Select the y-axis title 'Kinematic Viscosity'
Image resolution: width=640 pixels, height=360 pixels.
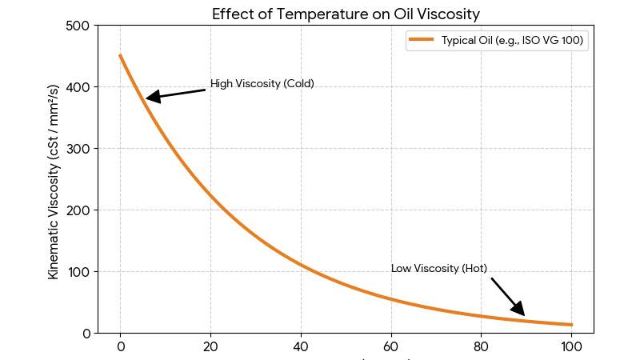coord(54,181)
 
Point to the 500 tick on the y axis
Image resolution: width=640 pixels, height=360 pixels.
coord(78,26)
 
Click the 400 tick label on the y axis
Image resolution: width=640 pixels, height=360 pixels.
coord(78,87)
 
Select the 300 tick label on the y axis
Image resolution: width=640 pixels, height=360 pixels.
coord(78,149)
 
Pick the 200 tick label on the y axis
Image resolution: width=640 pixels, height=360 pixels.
coord(78,210)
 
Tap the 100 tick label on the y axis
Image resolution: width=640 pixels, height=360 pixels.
coord(78,272)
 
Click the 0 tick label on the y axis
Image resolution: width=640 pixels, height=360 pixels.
coord(86,334)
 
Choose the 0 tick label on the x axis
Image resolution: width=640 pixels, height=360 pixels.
coord(120,347)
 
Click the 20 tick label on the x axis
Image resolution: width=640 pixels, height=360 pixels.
coord(210,347)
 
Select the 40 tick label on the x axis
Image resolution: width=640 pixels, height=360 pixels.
coord(301,347)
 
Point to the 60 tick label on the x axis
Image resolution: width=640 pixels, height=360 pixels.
coord(391,347)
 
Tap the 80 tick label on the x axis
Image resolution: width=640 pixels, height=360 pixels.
coord(482,347)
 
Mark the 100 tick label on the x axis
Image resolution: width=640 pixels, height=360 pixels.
coord(571,347)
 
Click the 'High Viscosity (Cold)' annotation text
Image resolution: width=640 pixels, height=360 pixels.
coord(262,84)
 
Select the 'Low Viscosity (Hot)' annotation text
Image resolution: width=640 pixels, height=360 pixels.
coord(438,269)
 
